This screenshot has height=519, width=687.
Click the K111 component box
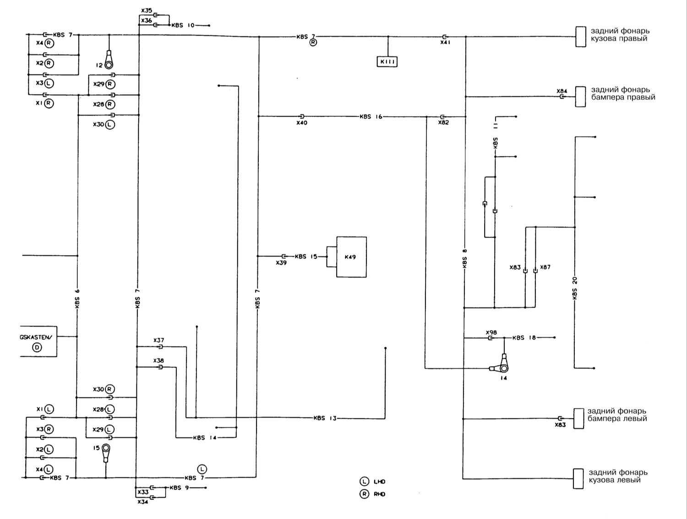coord(387,61)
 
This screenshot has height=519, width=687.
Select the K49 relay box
coord(351,257)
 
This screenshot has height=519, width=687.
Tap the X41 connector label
coord(445,42)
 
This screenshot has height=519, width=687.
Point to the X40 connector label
coord(301,123)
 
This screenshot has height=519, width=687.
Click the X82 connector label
coord(443,123)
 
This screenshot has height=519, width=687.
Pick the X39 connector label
coord(281,263)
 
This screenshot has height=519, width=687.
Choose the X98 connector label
coord(491,333)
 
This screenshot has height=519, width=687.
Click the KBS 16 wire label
coord(371,117)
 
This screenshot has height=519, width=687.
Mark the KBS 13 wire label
coord(325,418)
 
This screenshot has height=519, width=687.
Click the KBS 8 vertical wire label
coord(464,258)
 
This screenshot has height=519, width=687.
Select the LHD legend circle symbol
coord(364,481)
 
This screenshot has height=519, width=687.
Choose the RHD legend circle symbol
coord(364,494)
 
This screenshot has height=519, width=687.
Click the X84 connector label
coord(562,91)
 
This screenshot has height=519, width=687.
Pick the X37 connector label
coord(158,340)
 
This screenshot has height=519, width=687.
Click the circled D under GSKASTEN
coord(37,347)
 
